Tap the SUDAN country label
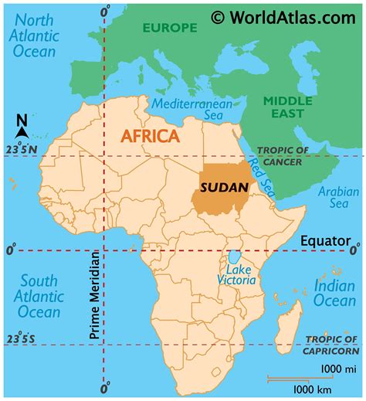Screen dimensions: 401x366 pyautogui.click(x=224, y=187)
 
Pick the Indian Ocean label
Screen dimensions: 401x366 pyautogui.click(x=334, y=294)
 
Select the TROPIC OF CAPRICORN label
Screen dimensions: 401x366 pyautogui.click(x=333, y=345)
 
